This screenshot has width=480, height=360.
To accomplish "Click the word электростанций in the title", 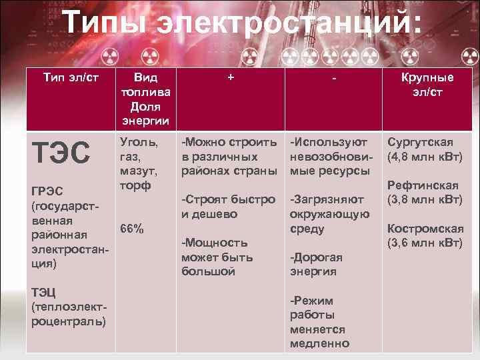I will (289, 25).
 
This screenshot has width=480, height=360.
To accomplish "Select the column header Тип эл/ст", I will (71, 77).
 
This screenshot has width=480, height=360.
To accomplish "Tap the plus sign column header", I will (231, 77).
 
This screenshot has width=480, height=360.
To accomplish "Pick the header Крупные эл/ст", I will (427, 85).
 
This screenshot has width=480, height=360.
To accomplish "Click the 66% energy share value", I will (132, 229).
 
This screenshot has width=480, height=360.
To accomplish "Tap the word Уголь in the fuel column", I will (139, 141).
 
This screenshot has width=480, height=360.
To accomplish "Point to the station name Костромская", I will (425, 228).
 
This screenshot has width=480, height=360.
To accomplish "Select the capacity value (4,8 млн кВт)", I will (425, 157).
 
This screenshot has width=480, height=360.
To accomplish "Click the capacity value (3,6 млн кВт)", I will (425, 242).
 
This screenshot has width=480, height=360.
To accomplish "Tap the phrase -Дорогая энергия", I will (317, 264).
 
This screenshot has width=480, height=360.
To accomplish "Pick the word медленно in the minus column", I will (319, 343).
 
